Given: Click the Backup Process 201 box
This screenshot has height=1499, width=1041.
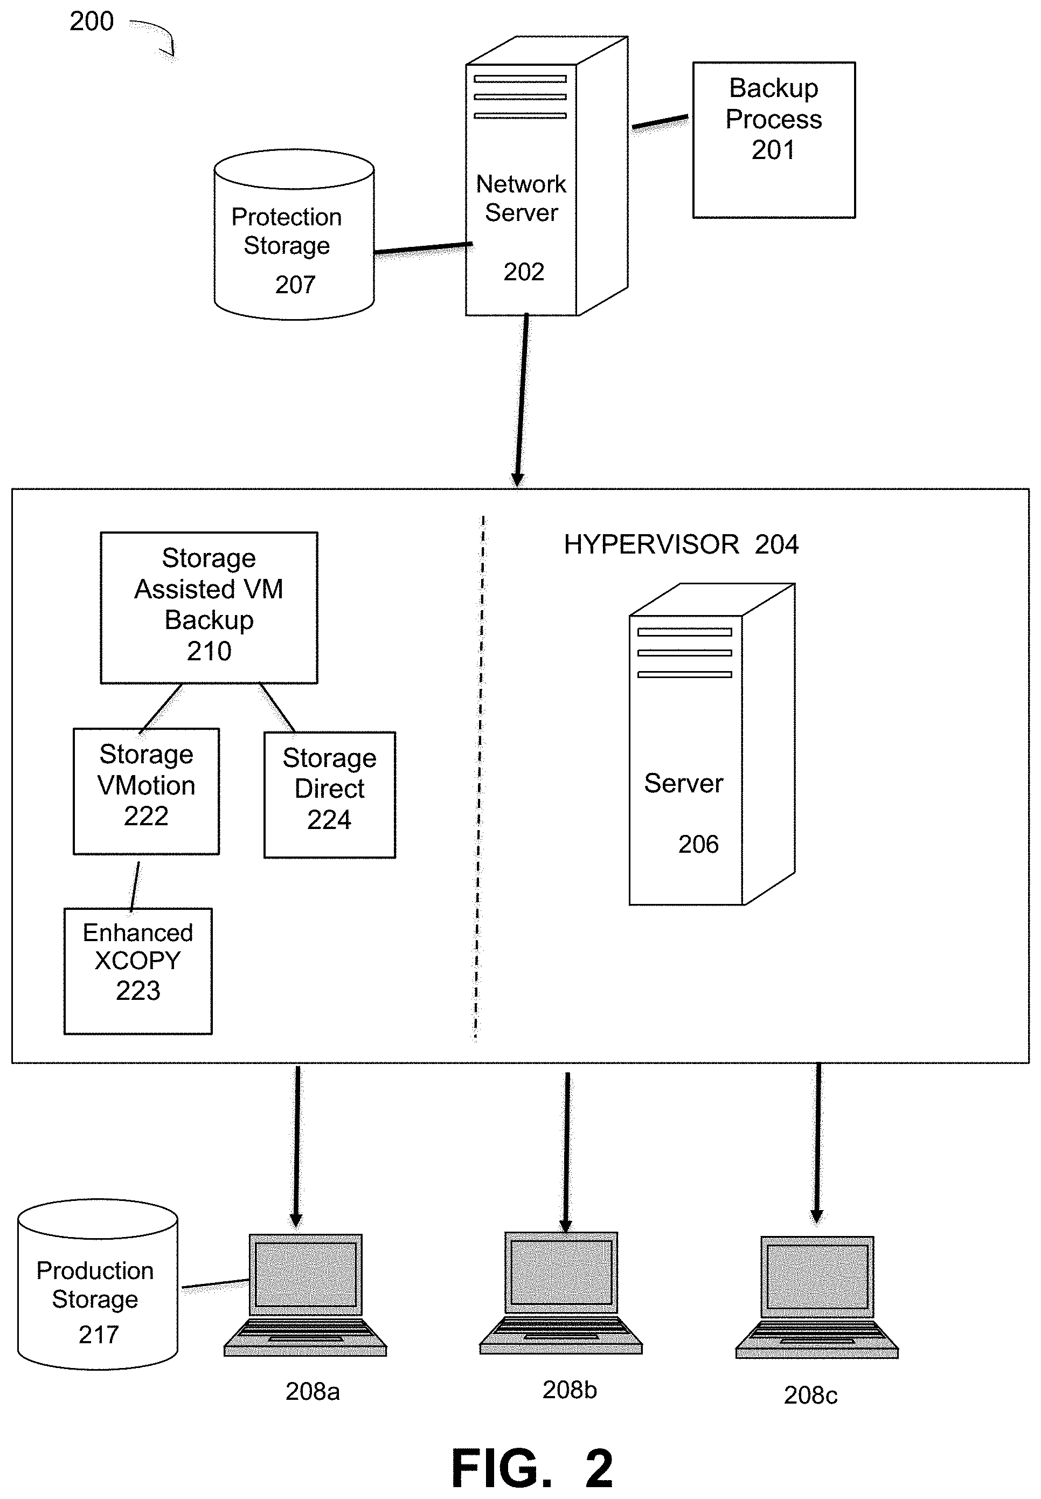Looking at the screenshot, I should (774, 140).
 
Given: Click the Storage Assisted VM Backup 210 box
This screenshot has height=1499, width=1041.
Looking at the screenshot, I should (209, 607).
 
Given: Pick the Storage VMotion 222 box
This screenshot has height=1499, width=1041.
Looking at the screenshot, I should (146, 791).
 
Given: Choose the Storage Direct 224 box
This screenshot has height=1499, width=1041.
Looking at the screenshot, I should (329, 794).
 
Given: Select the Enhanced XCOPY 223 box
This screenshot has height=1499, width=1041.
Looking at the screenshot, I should (137, 970).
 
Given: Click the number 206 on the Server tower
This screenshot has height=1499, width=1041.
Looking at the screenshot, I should (698, 844).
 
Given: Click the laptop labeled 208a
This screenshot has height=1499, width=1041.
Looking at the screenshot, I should (306, 1294).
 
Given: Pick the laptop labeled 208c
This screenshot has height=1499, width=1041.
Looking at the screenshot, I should (817, 1297).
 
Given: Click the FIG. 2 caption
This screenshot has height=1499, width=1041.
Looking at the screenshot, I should (532, 1469).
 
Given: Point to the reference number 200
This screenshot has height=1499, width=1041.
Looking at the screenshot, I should (91, 22).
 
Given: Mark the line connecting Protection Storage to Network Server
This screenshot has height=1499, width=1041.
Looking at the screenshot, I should (422, 248).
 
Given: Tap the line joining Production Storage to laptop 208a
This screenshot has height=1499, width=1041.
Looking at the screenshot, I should (215, 1284).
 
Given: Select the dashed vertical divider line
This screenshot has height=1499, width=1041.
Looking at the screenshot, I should (480, 776).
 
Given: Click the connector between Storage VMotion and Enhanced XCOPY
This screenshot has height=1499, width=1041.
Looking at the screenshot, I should (135, 886).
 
